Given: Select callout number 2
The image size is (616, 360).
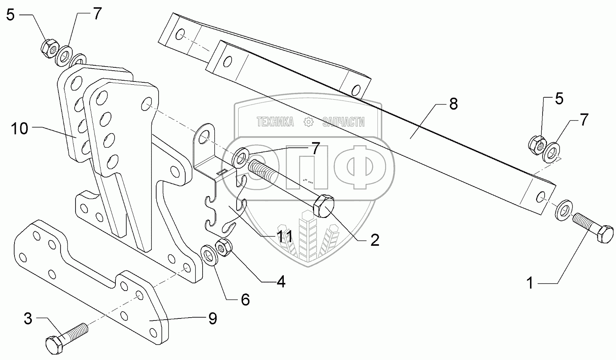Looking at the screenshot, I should (x=375, y=240).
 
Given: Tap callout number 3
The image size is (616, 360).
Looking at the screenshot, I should (x=28, y=319).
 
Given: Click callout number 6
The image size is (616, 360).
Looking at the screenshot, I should (x=245, y=299).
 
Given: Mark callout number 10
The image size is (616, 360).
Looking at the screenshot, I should (x=19, y=129).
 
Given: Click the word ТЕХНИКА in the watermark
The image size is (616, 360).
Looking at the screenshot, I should (x=275, y=121).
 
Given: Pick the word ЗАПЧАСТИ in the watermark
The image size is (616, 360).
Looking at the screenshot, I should (x=344, y=121).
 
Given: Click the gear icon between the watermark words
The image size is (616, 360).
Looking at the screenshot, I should (x=309, y=121).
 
